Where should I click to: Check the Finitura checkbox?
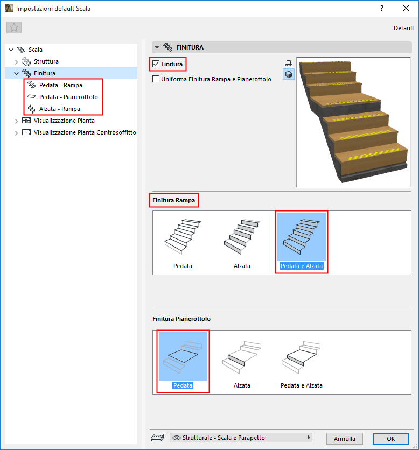pyautogui.click(x=156, y=64)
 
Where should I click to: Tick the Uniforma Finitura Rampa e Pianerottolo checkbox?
pyautogui.click(x=156, y=79)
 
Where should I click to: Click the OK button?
pyautogui.click(x=390, y=439)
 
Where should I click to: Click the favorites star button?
pyautogui.click(x=14, y=27)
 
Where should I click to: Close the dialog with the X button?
pyautogui.click(x=406, y=8)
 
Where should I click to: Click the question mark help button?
pyautogui.click(x=382, y=8)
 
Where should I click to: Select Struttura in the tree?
pyautogui.click(x=46, y=61)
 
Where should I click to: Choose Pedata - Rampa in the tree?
pyautogui.click(x=61, y=85)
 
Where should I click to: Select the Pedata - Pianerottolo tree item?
pyautogui.click(x=68, y=97)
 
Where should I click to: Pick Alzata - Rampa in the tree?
pyautogui.click(x=59, y=109)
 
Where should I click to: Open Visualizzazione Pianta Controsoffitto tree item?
pyautogui.click(x=85, y=132)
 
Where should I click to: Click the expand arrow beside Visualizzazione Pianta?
pyautogui.click(x=16, y=121)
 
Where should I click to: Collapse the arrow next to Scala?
pyautogui.click(x=11, y=50)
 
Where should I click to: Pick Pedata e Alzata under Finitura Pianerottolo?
pyautogui.click(x=301, y=363)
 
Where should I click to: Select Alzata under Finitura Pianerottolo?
pyautogui.click(x=242, y=363)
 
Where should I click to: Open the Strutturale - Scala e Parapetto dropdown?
pyautogui.click(x=241, y=438)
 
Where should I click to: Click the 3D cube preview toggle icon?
pyautogui.click(x=289, y=74)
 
